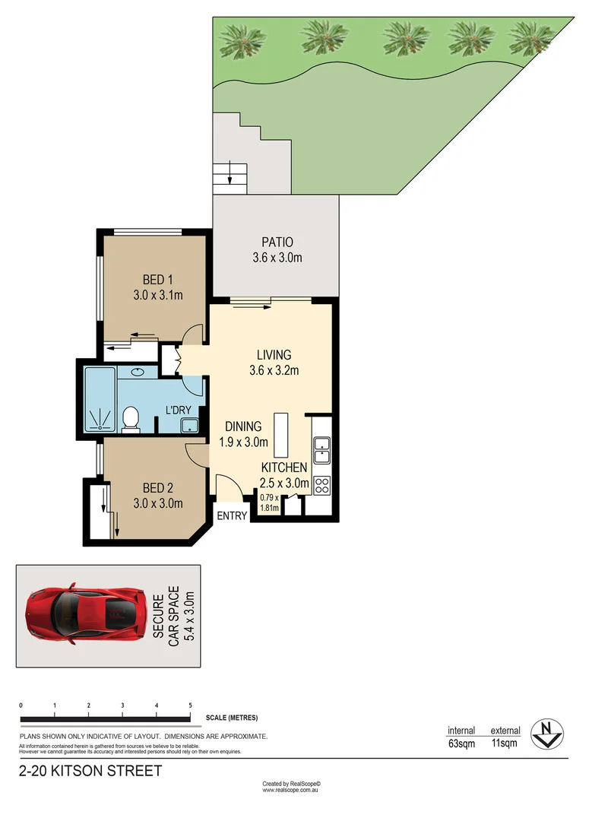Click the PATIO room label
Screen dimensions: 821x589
pos(277,242)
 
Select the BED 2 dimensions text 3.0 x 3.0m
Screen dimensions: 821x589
pos(158,502)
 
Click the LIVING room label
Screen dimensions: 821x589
pos(274,354)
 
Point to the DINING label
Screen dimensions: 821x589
pos(243,426)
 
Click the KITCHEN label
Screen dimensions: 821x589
pos(284,467)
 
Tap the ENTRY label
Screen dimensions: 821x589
pos(233,515)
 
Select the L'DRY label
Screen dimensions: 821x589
pos(179,410)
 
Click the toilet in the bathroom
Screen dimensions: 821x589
pos(131,419)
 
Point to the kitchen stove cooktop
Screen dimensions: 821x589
pos(321,485)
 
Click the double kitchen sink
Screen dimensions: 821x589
pos(321,450)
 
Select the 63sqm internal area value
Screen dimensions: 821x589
pos(461,743)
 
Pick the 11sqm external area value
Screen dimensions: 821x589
pos(505,743)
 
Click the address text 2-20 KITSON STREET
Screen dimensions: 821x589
pos(90,772)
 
